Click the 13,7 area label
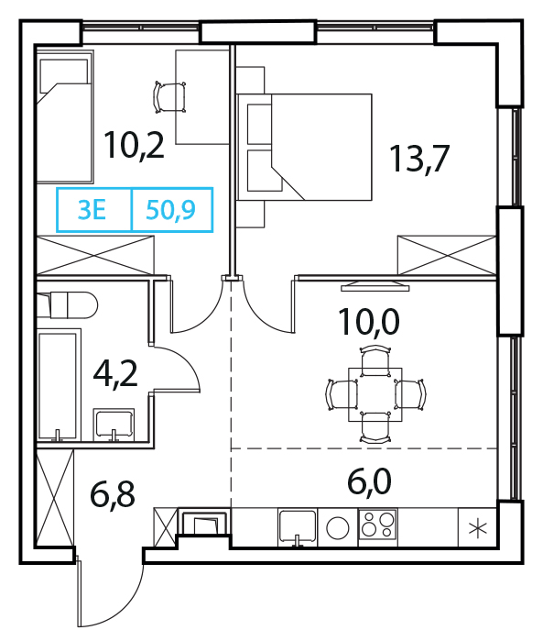tap(418, 160)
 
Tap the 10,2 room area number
tap(134, 146)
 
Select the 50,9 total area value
tap(170, 210)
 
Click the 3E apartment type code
tap(92, 210)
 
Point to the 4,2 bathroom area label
tap(115, 373)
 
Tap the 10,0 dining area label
tap(369, 322)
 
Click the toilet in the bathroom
tap(68, 305)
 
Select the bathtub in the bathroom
tap(59, 385)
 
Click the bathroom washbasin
tap(114, 425)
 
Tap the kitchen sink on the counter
tap(298, 527)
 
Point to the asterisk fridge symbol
tap(478, 527)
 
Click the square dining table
tap(375, 394)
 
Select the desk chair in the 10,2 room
tap(169, 97)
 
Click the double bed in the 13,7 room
tap(304, 147)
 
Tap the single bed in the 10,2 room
tap(65, 116)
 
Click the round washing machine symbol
tap(338, 527)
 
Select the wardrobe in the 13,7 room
tap(447, 255)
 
